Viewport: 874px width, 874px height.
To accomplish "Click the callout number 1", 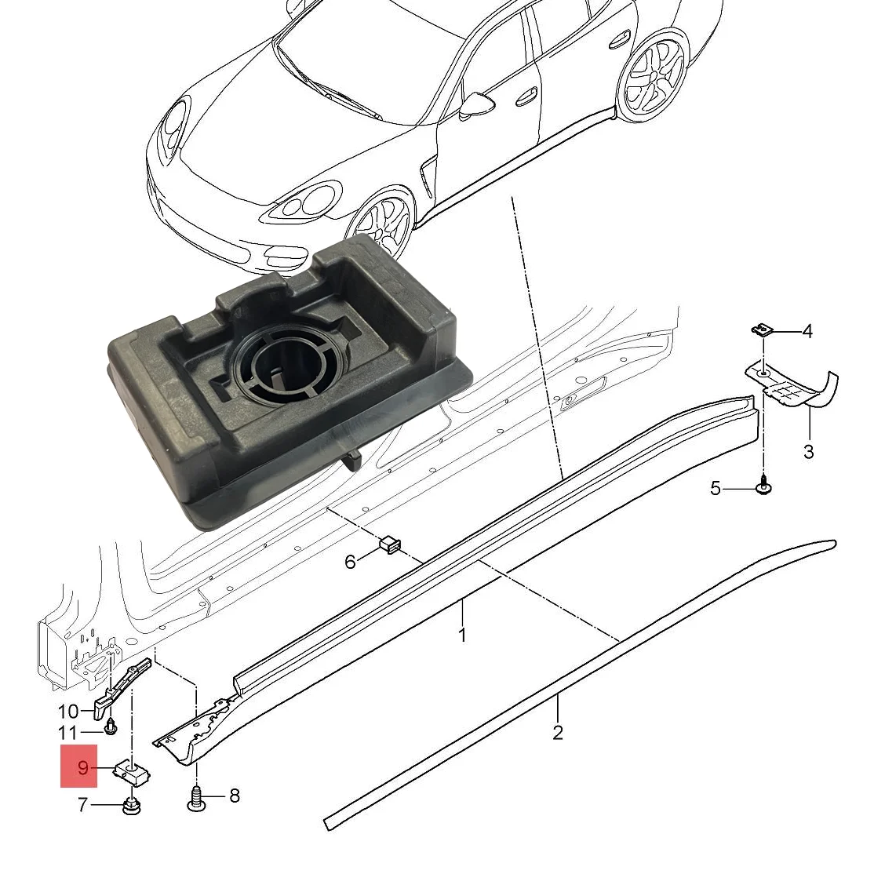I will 463,634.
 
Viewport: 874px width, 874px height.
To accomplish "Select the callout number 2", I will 558,732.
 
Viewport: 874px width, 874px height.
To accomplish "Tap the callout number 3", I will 808,451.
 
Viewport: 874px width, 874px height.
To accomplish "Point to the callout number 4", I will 807,331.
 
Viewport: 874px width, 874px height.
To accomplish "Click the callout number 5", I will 715,489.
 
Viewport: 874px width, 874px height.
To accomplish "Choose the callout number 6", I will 350,561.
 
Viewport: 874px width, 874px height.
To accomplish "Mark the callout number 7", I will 83,805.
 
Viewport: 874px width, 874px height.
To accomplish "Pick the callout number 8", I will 234,796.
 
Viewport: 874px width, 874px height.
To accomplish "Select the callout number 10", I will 68,712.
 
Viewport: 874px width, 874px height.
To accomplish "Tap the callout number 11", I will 68,734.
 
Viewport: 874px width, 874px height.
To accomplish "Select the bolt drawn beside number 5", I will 763,487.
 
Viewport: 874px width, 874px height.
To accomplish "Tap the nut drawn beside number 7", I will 132,806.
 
